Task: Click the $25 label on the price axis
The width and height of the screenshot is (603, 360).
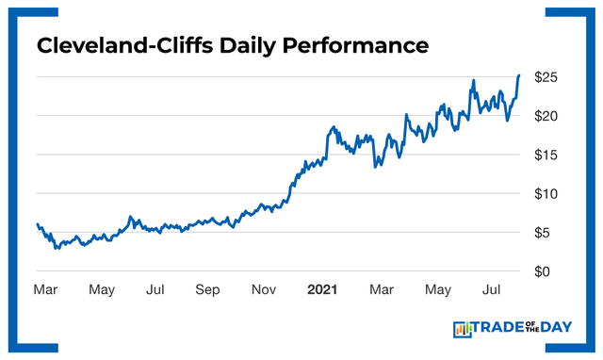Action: [x=549, y=76]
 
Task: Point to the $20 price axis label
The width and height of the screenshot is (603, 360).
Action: [x=549, y=116]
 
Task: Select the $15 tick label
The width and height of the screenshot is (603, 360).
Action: [x=549, y=155]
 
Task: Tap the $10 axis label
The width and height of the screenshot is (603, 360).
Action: [x=549, y=193]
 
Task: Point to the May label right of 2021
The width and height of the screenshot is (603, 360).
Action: [x=436, y=290]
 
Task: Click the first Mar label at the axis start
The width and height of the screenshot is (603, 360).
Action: [x=45, y=290]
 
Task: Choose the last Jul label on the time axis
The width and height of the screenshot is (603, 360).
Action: [x=491, y=290]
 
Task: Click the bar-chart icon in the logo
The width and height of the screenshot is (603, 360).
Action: [x=462, y=329]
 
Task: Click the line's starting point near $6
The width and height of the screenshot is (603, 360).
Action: [x=37, y=224]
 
